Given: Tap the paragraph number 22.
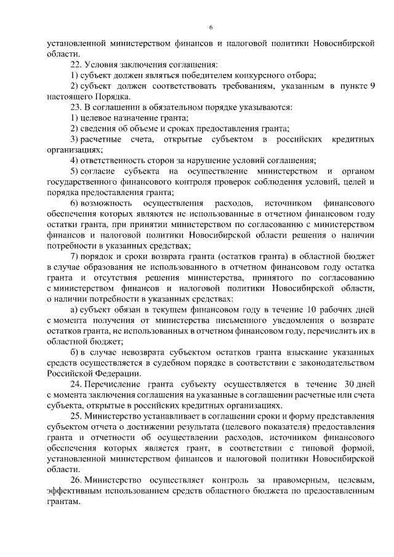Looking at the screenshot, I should click(75, 64).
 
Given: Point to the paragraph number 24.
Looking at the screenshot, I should click(75, 385).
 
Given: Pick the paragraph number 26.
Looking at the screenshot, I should click(75, 479).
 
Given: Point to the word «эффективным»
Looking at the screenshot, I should click(78, 491).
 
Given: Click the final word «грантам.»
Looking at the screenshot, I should click(63, 501).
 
